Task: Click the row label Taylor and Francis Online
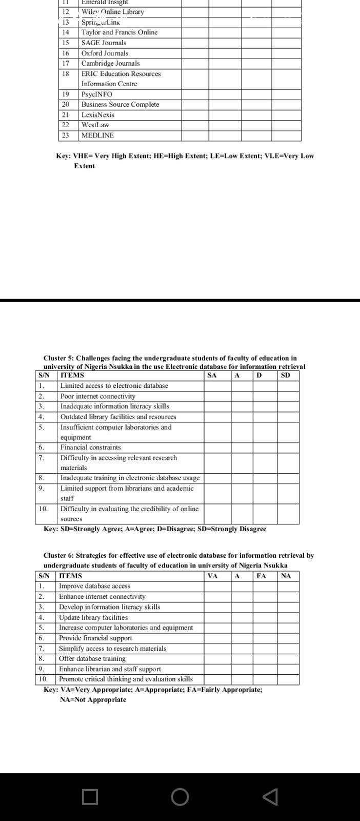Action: (x=119, y=32)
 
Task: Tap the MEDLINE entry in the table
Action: (x=97, y=135)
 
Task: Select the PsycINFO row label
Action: (x=96, y=94)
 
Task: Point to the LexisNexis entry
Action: (x=98, y=115)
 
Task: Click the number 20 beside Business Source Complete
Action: (x=66, y=105)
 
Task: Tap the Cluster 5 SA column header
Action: (x=212, y=375)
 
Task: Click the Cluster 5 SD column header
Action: (x=286, y=375)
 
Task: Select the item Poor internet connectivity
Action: (x=98, y=396)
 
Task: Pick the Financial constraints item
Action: (x=91, y=447)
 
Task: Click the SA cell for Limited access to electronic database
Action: (x=217, y=386)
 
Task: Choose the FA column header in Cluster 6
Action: (x=262, y=576)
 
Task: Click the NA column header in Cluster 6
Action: (x=286, y=576)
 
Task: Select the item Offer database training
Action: (x=92, y=659)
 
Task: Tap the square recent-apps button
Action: (x=90, y=797)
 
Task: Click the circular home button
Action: (x=180, y=797)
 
